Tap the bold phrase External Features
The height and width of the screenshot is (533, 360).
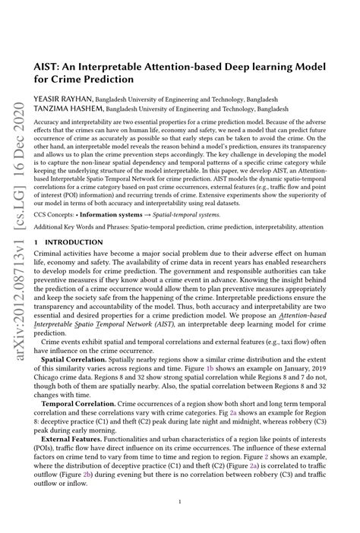pyautogui.click(x=77, y=458)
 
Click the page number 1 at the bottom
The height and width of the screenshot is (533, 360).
pyautogui.click(x=178, y=502)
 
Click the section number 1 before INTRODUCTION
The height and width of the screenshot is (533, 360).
pyautogui.click(x=36, y=241)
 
